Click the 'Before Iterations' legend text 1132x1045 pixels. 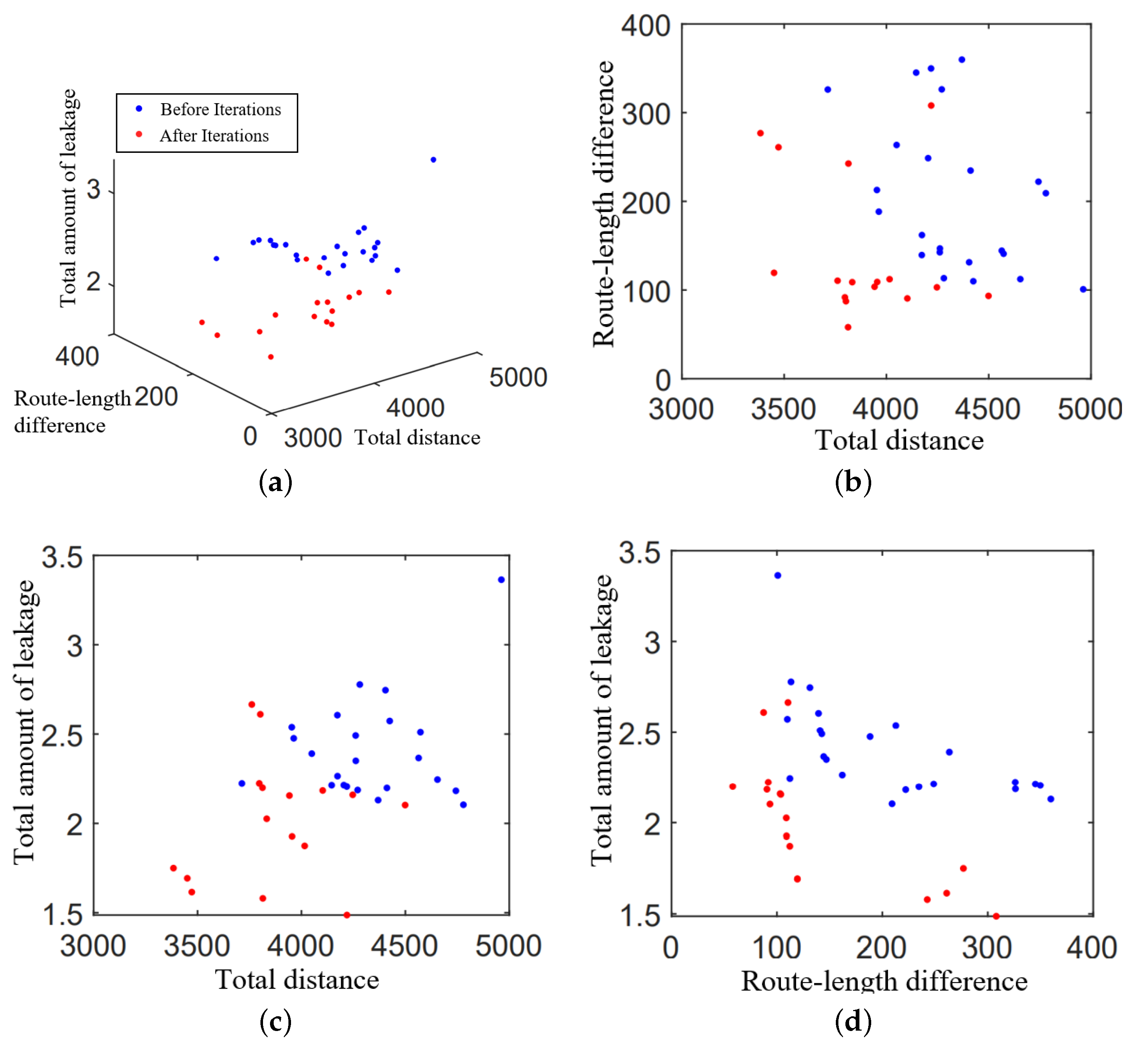[221, 109]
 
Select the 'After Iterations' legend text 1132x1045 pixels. [214, 136]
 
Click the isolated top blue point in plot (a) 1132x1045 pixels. [433, 159]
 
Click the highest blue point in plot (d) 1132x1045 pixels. [778, 575]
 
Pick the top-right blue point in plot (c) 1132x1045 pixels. [501, 580]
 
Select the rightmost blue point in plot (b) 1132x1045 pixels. [1083, 289]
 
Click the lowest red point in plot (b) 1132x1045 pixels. [848, 327]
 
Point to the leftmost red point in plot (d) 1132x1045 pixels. [732, 786]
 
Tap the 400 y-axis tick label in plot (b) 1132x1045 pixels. [646, 26]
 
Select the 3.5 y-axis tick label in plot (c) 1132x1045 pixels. [62, 557]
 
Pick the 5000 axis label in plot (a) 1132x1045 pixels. [518, 377]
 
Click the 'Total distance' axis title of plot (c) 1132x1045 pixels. [297, 979]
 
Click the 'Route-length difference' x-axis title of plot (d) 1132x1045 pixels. [884, 981]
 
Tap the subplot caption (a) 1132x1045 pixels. [276, 483]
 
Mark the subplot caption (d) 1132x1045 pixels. [853, 1021]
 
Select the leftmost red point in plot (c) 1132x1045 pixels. [174, 868]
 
